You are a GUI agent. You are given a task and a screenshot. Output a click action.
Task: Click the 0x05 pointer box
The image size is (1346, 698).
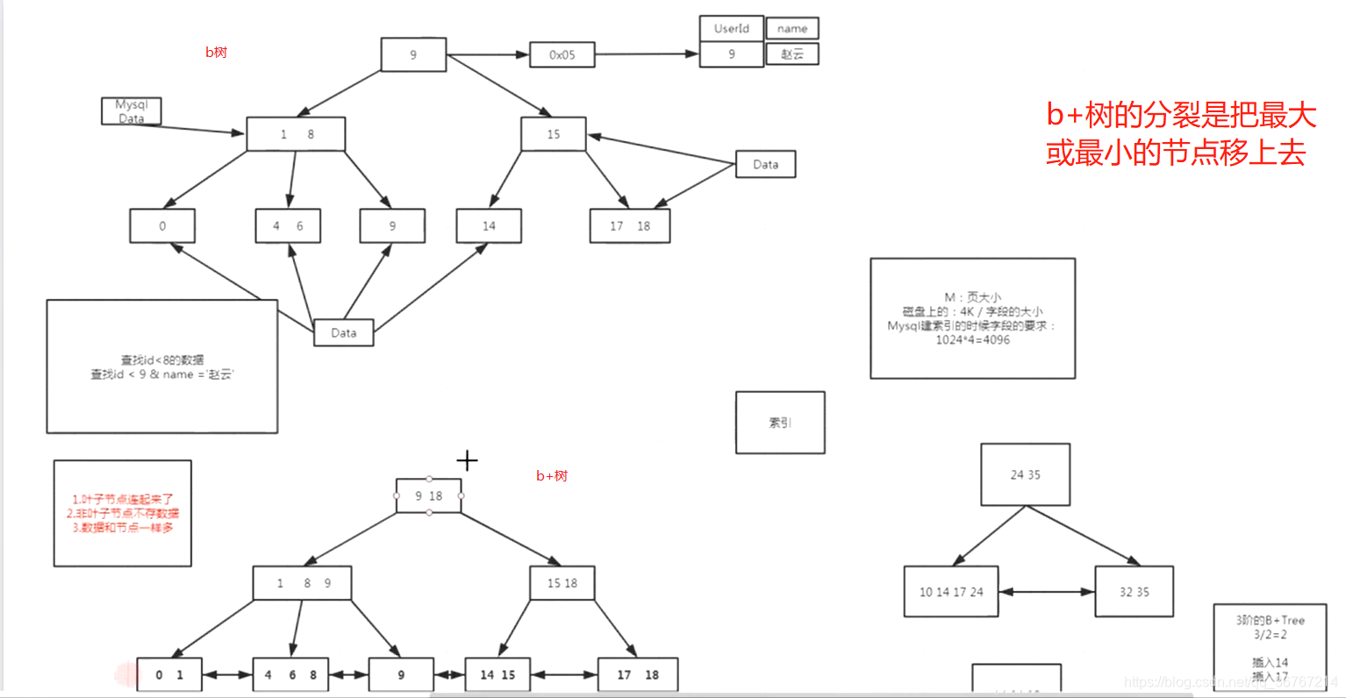click(x=562, y=54)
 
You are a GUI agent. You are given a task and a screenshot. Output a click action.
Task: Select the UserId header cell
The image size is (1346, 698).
click(x=731, y=28)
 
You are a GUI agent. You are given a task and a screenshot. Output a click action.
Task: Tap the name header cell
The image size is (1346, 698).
click(x=792, y=28)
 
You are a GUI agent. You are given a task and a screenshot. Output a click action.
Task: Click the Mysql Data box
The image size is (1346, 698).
click(x=132, y=111)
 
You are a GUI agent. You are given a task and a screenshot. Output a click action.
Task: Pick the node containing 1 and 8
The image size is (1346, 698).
click(x=296, y=134)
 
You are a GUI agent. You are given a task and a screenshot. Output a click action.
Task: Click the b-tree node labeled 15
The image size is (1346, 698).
click(x=553, y=134)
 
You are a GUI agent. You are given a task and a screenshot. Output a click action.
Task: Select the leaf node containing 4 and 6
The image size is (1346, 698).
click(x=288, y=225)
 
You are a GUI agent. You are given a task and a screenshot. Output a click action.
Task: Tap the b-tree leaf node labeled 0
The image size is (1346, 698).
click(x=162, y=225)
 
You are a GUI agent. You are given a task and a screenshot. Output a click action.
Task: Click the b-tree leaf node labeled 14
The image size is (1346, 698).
click(x=489, y=225)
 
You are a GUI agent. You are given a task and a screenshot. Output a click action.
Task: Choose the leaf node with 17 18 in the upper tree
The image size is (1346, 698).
click(x=630, y=225)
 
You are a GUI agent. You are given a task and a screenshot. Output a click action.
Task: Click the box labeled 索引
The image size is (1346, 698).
click(x=780, y=423)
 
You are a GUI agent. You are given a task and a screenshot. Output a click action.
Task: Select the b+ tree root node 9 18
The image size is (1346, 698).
click(x=428, y=496)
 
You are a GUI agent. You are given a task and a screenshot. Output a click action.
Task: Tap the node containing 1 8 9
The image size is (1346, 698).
click(x=303, y=583)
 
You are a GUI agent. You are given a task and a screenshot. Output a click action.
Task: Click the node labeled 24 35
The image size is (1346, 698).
click(x=1025, y=474)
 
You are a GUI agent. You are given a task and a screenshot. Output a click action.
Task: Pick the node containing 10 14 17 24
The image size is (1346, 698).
click(x=951, y=592)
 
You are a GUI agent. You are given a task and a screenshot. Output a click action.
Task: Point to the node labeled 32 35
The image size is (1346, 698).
click(x=1134, y=592)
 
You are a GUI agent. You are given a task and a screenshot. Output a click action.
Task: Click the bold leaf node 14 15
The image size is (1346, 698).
click(x=498, y=674)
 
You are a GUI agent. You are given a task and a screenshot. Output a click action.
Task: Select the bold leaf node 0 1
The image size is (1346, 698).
click(x=169, y=674)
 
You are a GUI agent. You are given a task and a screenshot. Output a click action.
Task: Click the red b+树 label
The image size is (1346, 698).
click(x=552, y=476)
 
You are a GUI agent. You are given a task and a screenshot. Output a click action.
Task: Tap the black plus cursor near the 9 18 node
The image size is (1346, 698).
click(x=467, y=460)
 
